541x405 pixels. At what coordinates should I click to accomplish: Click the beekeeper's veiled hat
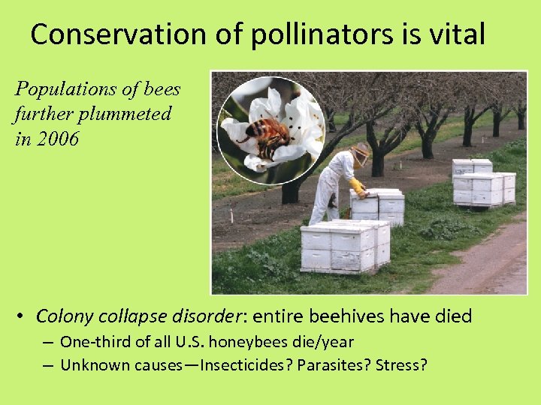pyautogui.click(x=361, y=154)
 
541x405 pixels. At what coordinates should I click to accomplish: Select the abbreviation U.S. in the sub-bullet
pyautogui.click(x=191, y=343)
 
